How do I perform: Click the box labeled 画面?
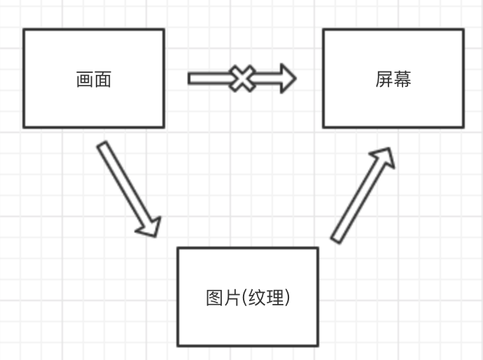click(94, 78)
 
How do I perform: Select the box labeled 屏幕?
click(393, 78)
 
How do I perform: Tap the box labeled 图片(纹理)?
click(248, 297)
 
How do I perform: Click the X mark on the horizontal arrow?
click(242, 78)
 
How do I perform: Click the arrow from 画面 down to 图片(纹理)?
click(129, 189)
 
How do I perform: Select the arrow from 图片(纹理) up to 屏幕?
click(363, 195)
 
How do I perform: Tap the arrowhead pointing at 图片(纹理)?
click(149, 228)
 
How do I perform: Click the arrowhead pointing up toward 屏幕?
click(384, 157)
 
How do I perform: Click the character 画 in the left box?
click(85, 79)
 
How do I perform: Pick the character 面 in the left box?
click(103, 79)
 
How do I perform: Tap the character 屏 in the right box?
click(384, 79)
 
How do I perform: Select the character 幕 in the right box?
click(402, 79)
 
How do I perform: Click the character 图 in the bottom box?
click(214, 298)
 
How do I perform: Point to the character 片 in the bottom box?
click(232, 298)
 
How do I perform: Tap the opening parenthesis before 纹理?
click(244, 298)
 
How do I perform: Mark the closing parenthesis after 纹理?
click(287, 298)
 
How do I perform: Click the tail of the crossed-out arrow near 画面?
click(189, 78)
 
